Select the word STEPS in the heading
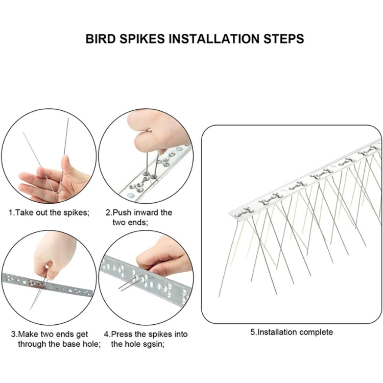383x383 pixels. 282,39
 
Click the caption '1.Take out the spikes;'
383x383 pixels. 49,212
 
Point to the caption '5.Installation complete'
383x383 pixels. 291,332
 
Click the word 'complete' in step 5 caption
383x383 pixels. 316,332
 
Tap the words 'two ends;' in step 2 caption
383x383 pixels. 130,222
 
